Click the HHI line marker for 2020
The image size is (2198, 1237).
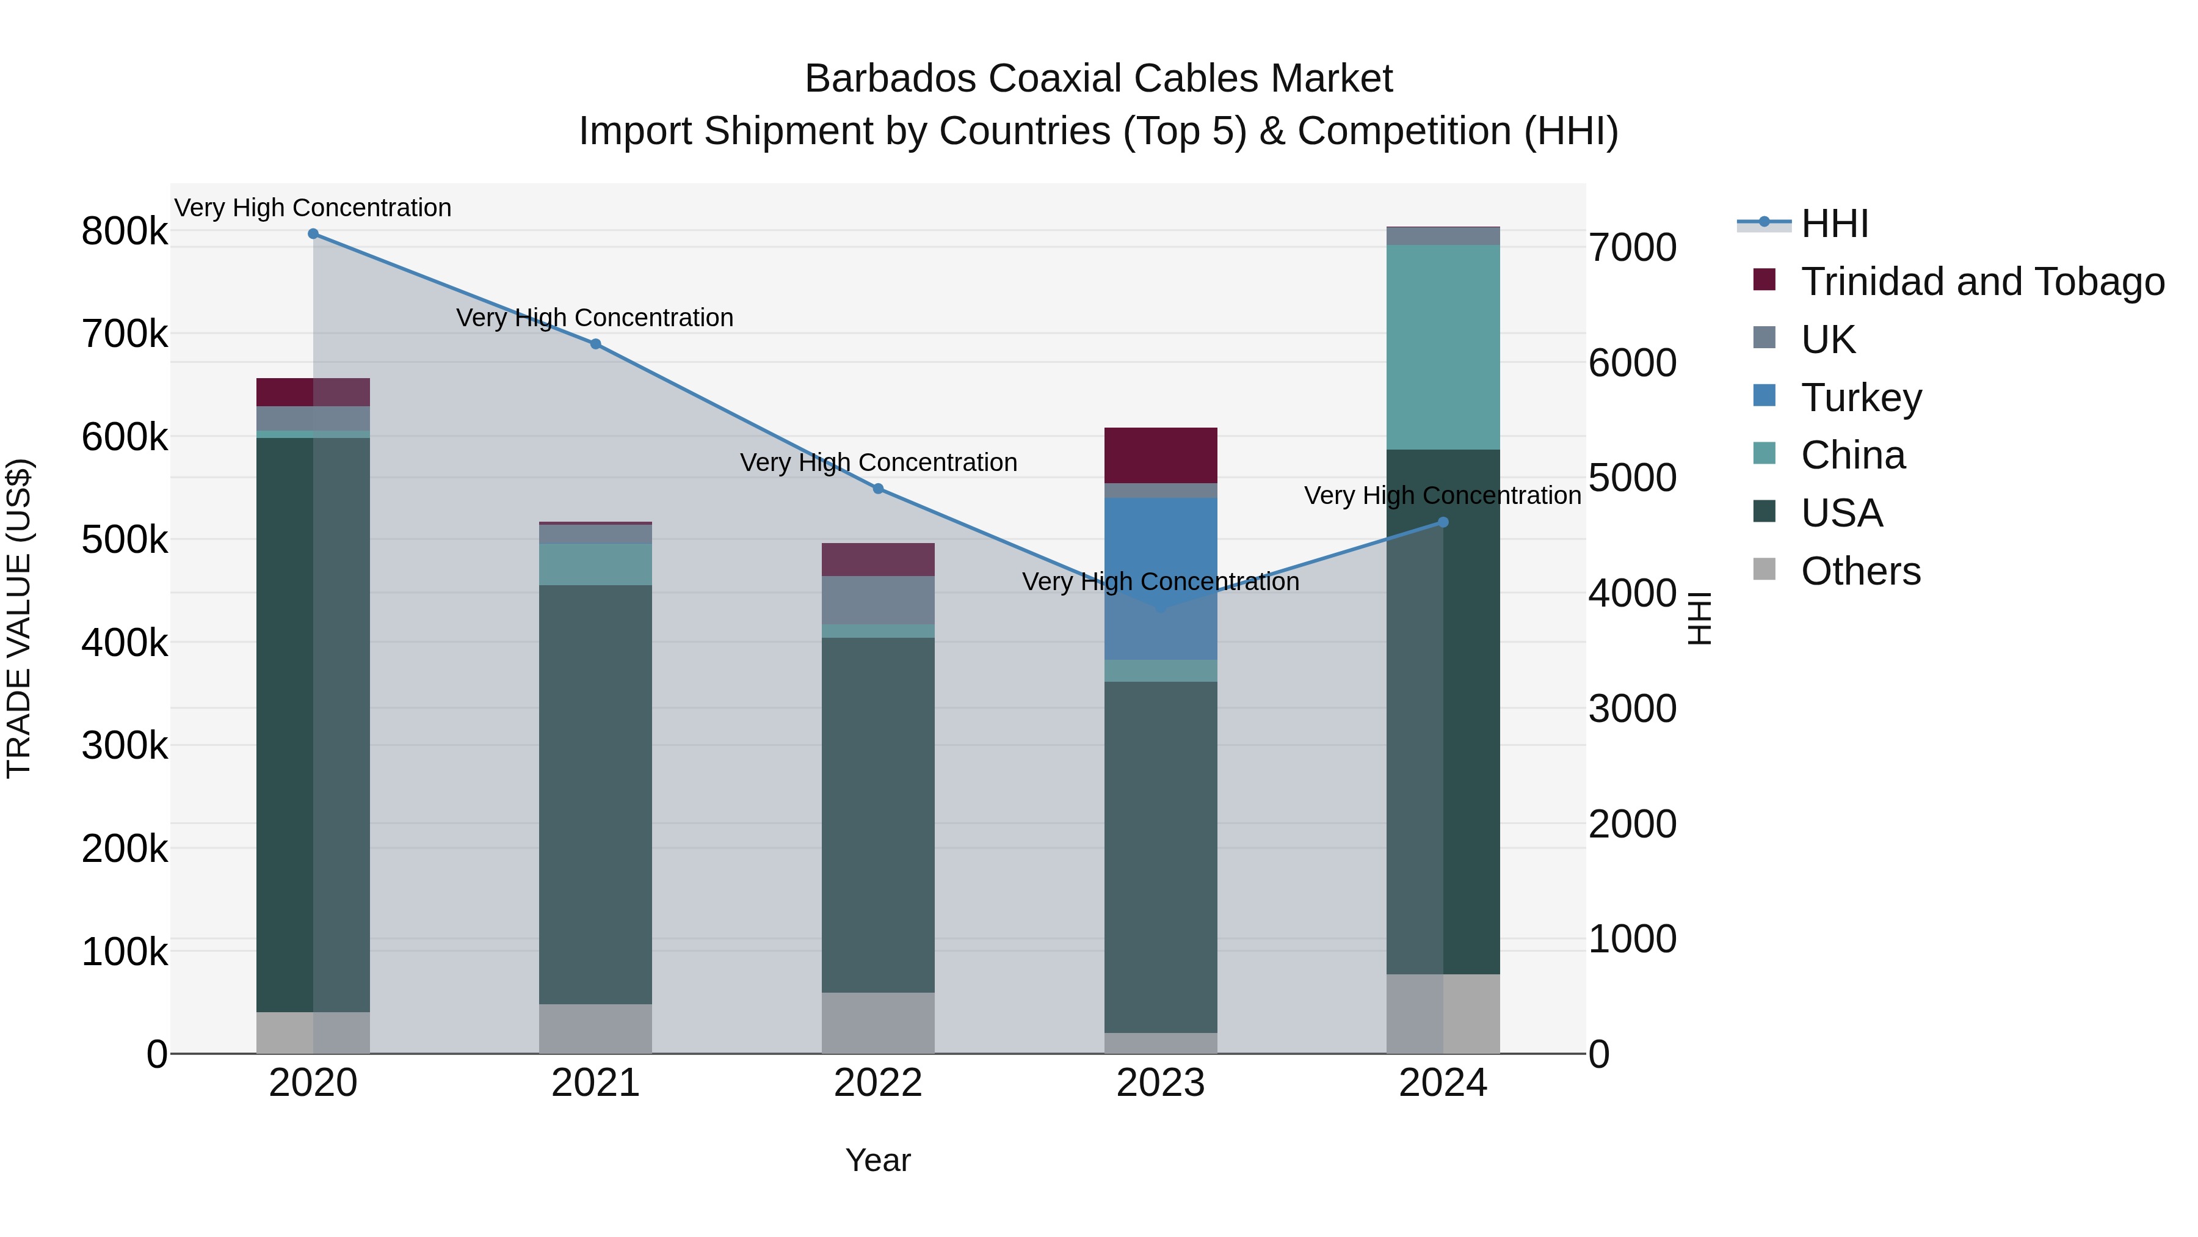coord(313,234)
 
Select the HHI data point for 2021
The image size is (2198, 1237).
coord(595,344)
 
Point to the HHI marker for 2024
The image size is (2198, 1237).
coord(1443,522)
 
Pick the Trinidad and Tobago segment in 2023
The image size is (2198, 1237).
coord(1161,455)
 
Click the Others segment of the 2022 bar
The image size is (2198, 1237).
coord(878,1023)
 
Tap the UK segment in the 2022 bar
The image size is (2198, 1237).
coord(878,600)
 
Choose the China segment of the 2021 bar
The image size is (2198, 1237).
coord(595,564)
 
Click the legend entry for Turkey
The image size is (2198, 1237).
coord(1861,398)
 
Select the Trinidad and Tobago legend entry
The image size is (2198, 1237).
coord(1982,282)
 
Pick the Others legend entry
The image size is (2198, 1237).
coord(1860,571)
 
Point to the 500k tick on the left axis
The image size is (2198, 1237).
coord(125,539)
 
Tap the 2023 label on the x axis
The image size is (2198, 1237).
coord(1161,1083)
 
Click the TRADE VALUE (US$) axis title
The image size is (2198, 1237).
coord(19,619)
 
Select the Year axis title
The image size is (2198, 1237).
coord(878,1160)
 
